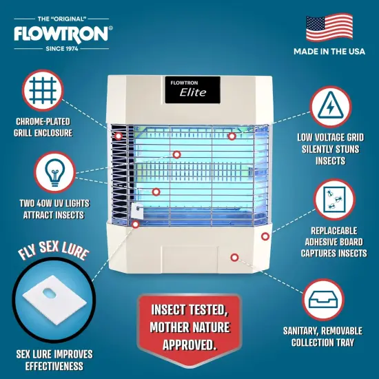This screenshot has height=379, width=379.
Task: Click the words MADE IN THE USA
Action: click(x=329, y=52)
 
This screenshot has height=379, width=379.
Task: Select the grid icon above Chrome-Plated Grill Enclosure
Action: click(x=43, y=90)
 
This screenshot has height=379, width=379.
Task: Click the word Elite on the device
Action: click(x=193, y=93)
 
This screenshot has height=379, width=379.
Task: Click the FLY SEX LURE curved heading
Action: click(x=52, y=253)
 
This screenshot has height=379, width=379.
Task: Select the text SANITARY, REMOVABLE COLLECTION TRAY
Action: click(x=327, y=336)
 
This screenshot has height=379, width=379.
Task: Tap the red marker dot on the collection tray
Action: click(x=234, y=257)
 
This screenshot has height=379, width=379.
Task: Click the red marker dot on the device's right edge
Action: click(x=265, y=236)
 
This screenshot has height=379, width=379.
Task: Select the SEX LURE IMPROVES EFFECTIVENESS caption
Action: click(x=54, y=360)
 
